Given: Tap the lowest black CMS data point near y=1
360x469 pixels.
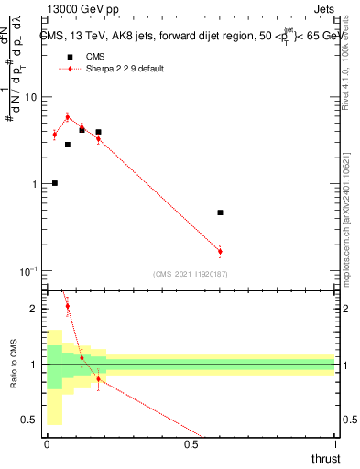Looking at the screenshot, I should [55, 183].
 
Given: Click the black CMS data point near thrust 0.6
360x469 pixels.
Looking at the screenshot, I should [220, 213].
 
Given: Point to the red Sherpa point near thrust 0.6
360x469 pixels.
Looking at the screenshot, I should [220, 251].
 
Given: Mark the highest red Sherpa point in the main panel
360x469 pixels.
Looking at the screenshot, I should [67, 117].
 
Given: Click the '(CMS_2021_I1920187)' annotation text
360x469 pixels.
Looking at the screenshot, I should [191, 273].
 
